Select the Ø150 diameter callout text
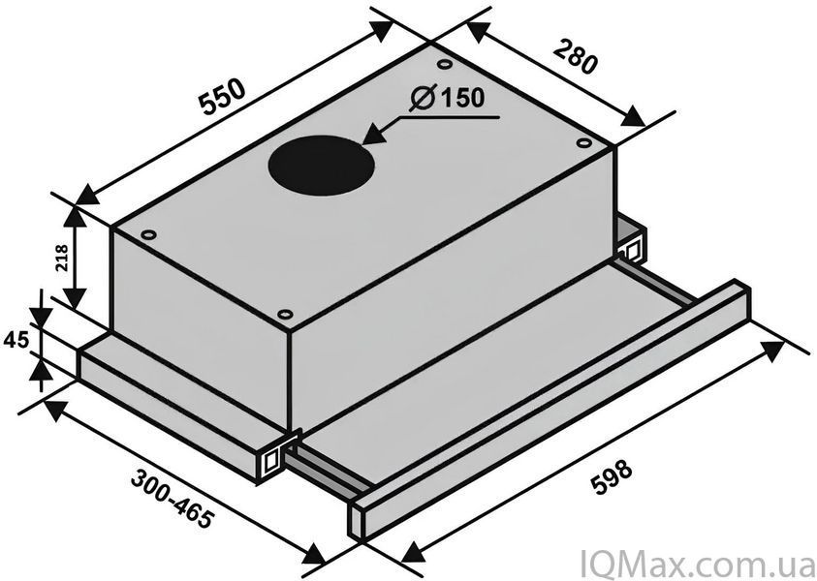point(448,98)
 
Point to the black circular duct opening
point(322,165)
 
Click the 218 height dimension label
point(61,259)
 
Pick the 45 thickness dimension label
point(16,340)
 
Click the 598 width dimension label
point(613,476)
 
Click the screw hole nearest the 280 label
point(445,64)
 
